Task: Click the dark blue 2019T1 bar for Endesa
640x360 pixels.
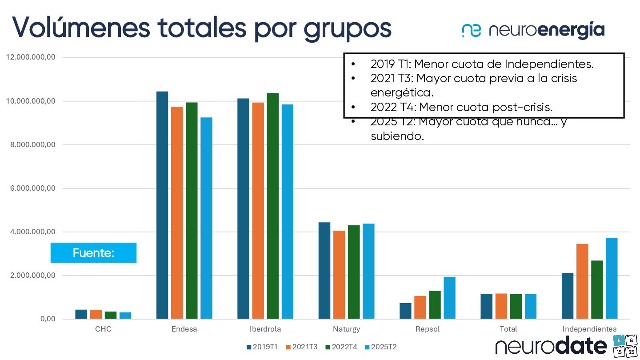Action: coord(162,205)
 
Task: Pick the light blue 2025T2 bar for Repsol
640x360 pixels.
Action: coord(449,298)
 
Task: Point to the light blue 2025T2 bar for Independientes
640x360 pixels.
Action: coord(612,278)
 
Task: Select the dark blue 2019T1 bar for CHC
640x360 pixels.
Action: coord(81,314)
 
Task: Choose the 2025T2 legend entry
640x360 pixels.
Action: coord(380,347)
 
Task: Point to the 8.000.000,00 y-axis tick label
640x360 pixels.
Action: coord(30,145)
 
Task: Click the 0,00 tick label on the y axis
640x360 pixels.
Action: coord(48,319)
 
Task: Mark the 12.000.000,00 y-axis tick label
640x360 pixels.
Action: coord(30,57)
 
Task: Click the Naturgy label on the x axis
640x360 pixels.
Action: coord(346,329)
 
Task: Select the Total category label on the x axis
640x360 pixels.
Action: coord(508,329)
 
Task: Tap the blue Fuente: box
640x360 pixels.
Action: coord(93,253)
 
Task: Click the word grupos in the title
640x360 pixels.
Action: coord(348,28)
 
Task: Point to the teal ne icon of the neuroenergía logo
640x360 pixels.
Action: coord(471,30)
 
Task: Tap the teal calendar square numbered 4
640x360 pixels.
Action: coord(618,341)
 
